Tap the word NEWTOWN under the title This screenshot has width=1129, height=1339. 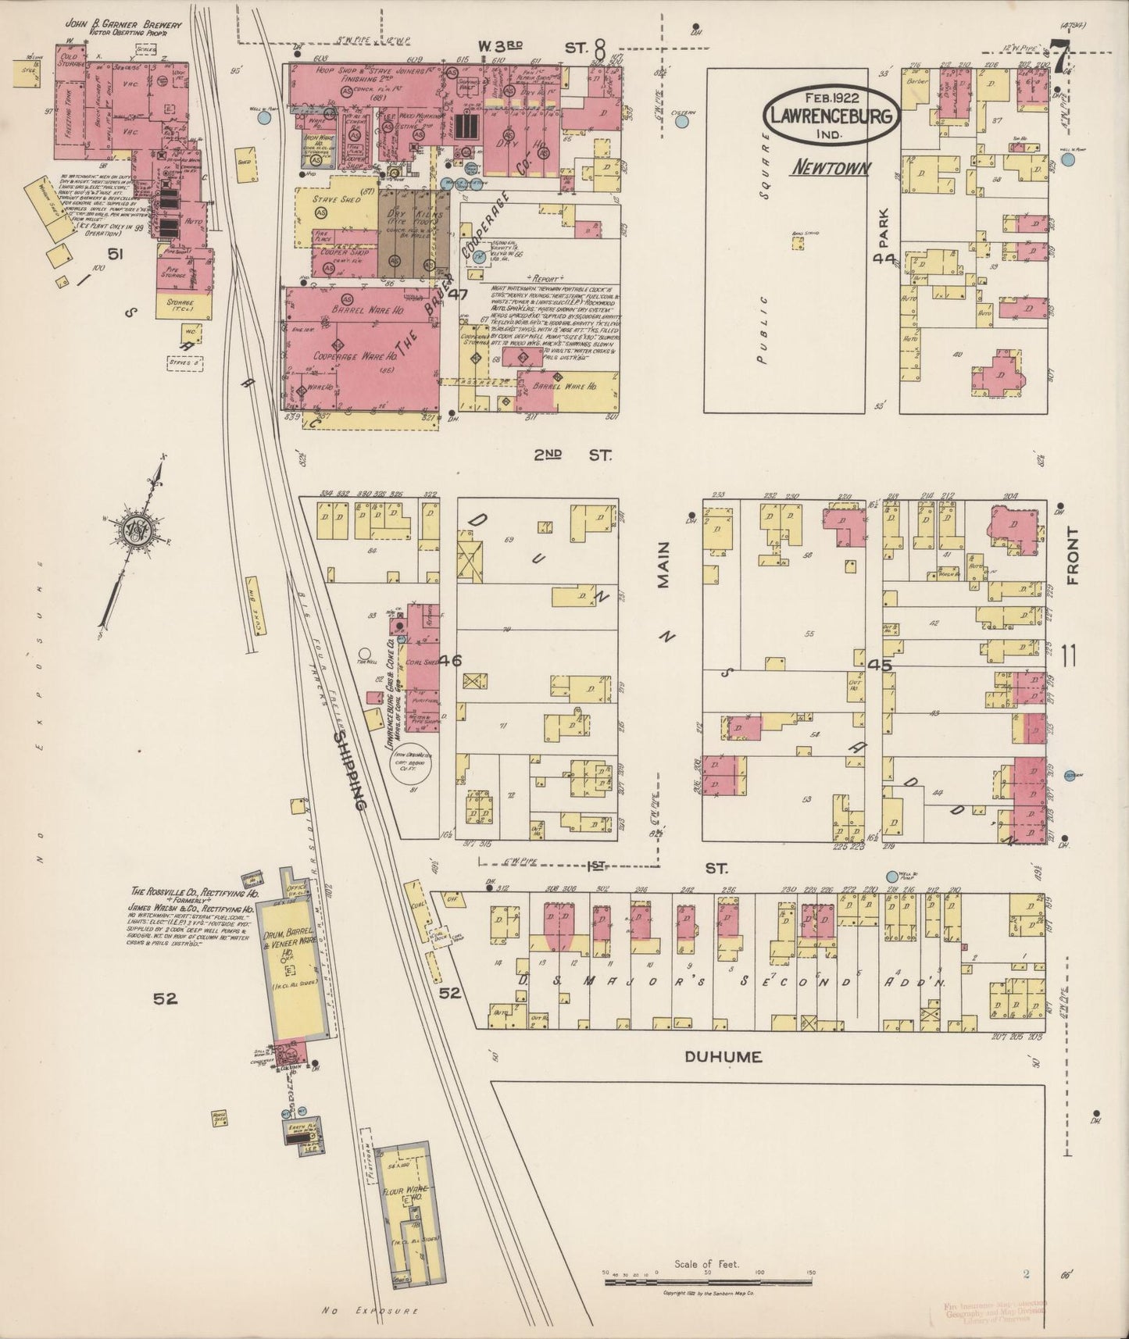[831, 167]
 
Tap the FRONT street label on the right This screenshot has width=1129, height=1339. [1070, 557]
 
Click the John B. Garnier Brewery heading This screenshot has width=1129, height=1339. [123, 25]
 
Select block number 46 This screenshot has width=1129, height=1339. [451, 661]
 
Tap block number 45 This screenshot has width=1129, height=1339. [880, 666]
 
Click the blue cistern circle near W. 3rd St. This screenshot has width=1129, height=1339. [683, 120]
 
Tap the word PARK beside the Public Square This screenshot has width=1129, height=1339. [884, 228]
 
